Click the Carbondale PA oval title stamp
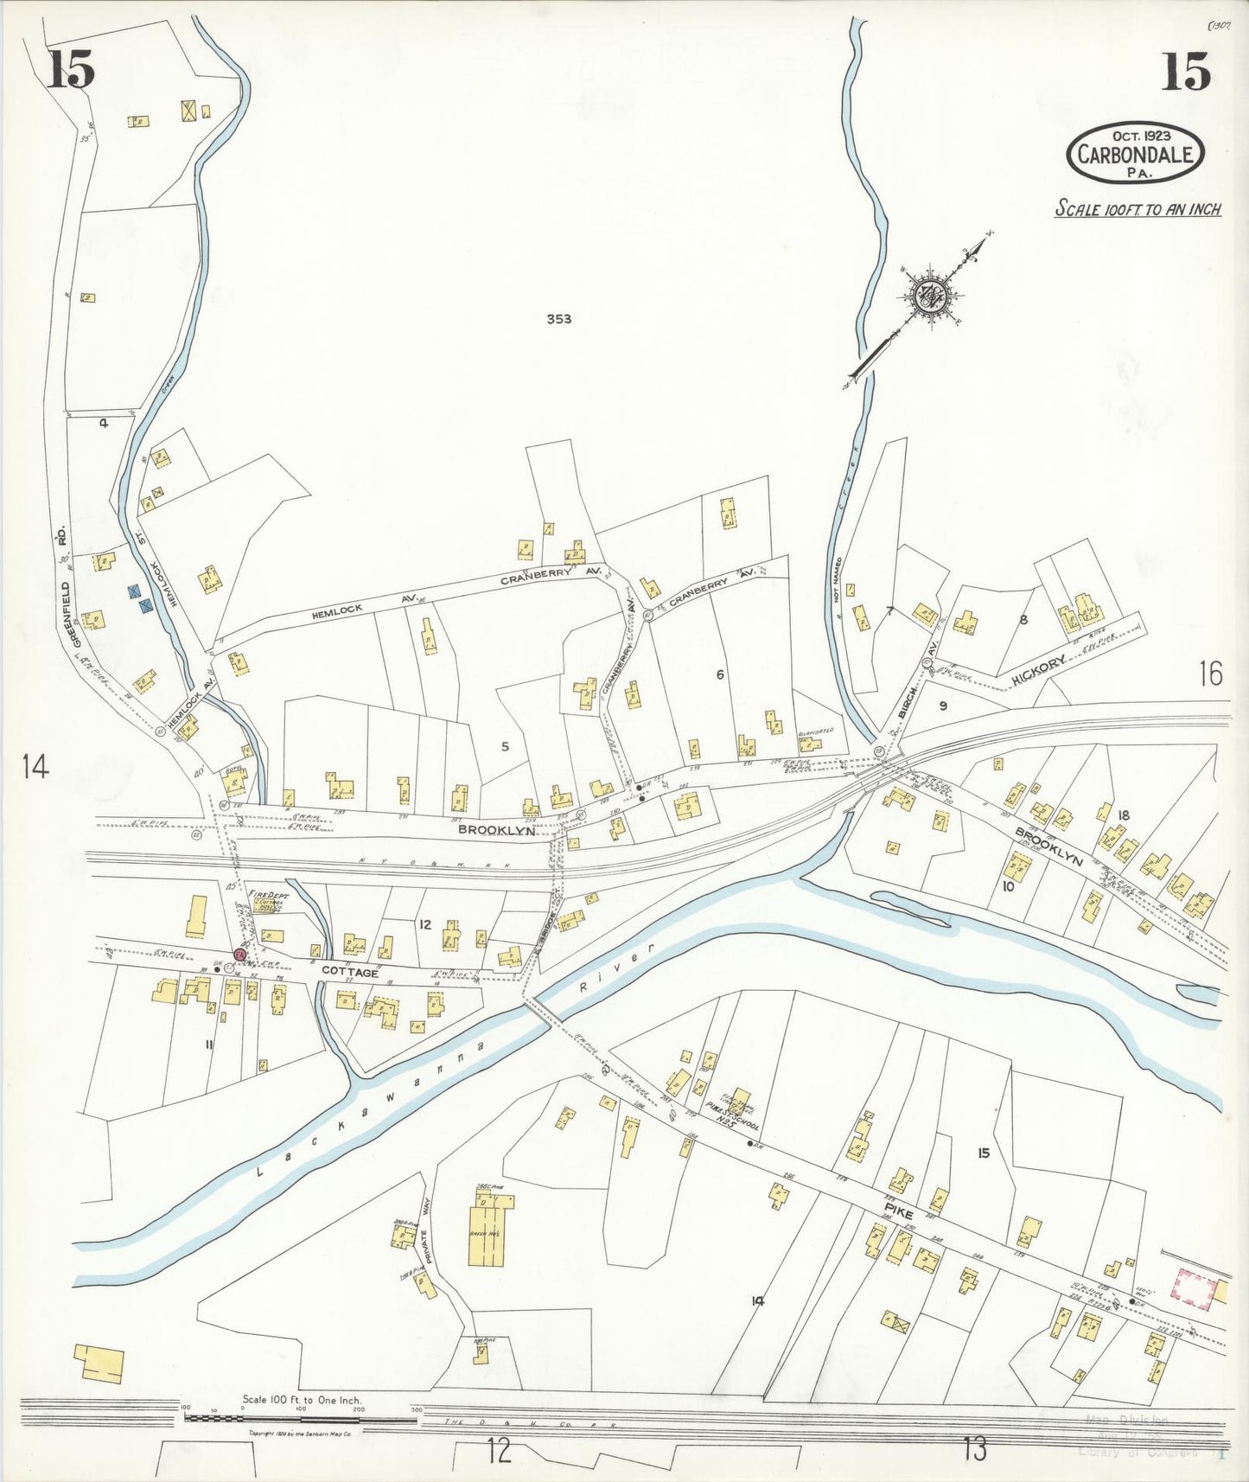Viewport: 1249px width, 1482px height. pyautogui.click(x=1135, y=152)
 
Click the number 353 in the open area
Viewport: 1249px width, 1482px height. pyautogui.click(x=559, y=319)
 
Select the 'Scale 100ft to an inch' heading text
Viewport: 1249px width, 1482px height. pyautogui.click(x=1137, y=208)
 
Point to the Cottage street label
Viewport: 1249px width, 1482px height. pyautogui.click(x=349, y=972)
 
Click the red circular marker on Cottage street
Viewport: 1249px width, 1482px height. pyautogui.click(x=241, y=955)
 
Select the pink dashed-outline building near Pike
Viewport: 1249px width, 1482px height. pyautogui.click(x=1194, y=1287)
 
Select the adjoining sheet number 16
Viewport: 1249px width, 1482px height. pyautogui.click(x=1211, y=673)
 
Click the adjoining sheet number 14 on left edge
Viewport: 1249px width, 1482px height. pyautogui.click(x=35, y=766)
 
